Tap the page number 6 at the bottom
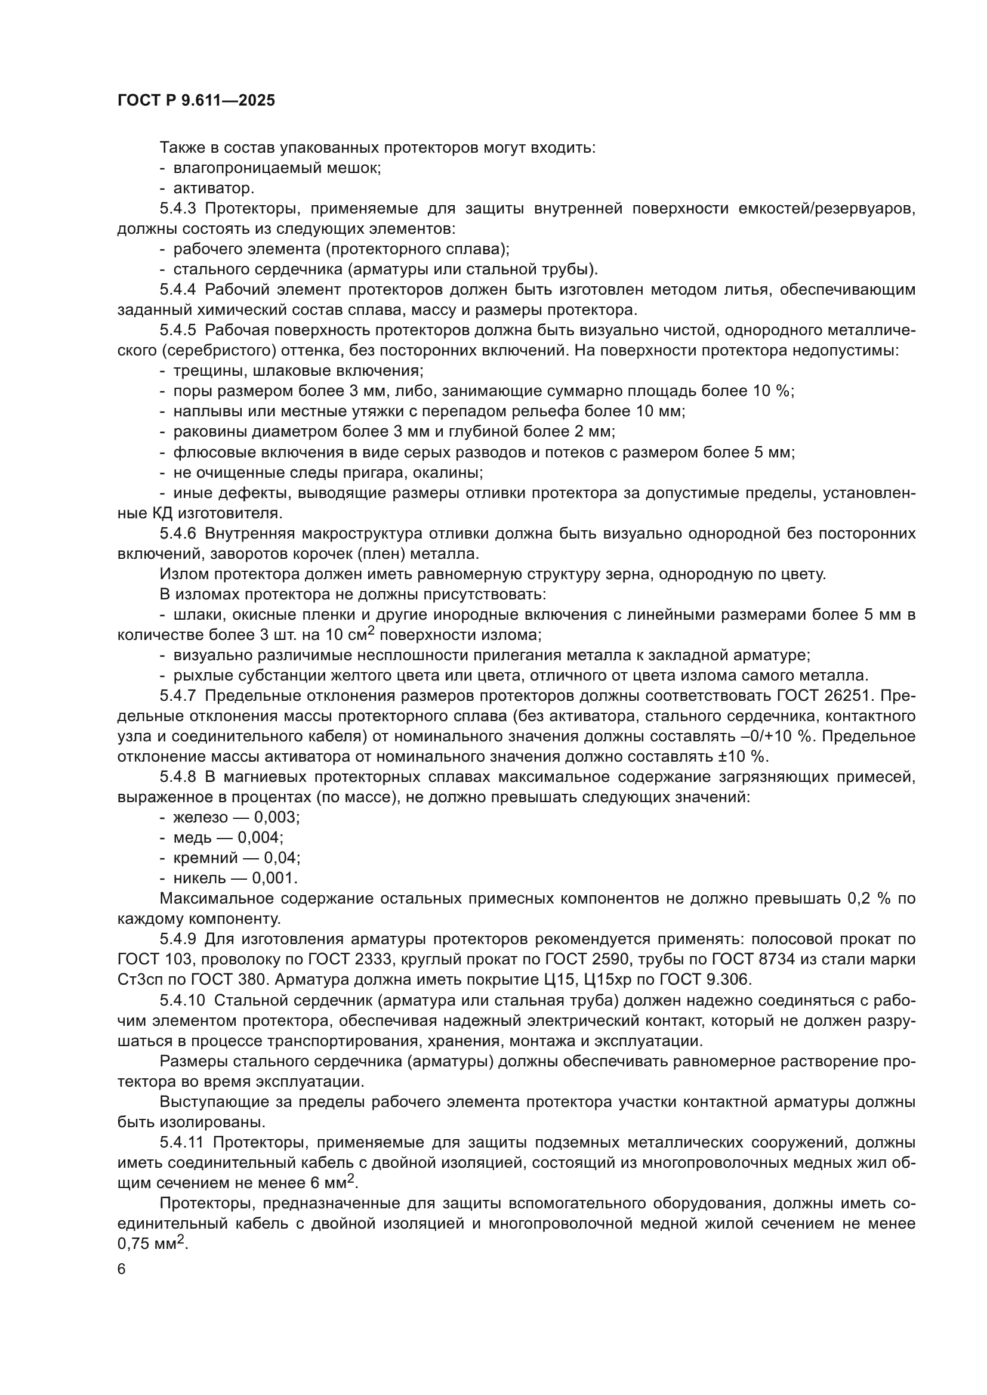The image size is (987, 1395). (x=122, y=1269)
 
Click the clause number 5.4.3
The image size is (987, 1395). (x=178, y=209)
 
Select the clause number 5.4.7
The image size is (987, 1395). (x=178, y=696)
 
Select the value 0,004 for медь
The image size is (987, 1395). (x=260, y=838)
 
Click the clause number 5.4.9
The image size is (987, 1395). (x=178, y=939)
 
